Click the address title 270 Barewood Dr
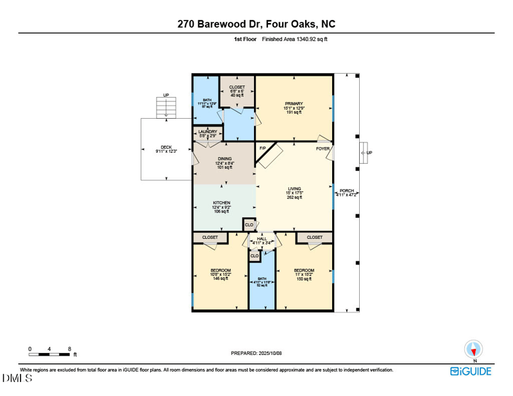point(256,24)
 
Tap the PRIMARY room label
point(294,103)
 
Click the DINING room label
point(224,159)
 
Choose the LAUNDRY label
point(208,132)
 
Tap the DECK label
point(165,147)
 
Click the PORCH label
point(347,191)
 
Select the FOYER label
point(323,149)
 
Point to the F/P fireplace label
point(262,149)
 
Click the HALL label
point(262,238)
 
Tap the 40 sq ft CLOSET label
point(237,87)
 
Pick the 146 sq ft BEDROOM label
point(220,270)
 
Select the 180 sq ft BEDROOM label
point(304,270)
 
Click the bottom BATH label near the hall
point(262,279)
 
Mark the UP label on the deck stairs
point(166,95)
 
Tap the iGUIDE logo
point(470,371)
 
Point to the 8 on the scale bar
point(69,349)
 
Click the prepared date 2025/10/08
point(256,353)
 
